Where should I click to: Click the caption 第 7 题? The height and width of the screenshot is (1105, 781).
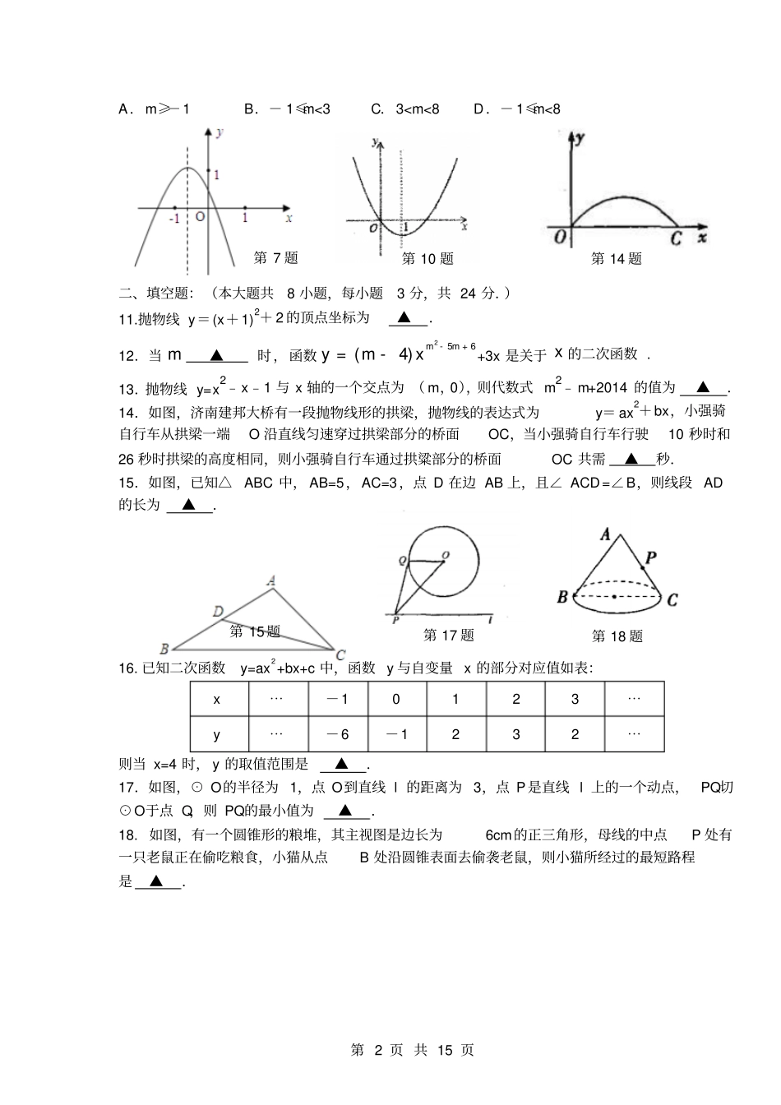pos(275,258)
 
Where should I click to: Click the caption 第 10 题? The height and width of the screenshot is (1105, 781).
pos(427,259)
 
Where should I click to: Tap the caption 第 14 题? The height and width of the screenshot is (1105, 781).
pos(617,259)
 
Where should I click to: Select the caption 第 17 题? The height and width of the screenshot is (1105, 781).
pos(449,636)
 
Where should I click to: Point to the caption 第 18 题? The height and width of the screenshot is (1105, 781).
pos(617,636)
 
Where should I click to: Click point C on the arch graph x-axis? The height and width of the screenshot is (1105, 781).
pos(676,238)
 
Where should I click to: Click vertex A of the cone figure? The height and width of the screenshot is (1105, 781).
pos(606,534)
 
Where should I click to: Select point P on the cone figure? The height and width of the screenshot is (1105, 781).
pos(650,558)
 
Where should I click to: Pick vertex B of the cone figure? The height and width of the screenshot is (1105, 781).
pos(562,597)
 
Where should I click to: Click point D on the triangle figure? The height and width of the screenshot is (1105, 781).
pos(218,611)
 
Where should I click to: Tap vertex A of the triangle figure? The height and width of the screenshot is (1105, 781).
pos(271,581)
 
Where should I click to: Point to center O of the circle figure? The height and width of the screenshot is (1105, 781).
pos(446,556)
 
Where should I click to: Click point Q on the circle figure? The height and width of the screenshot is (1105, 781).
pos(402,561)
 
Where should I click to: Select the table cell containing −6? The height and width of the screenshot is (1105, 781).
pos(337,735)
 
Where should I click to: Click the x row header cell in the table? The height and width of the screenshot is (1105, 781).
pos(218,700)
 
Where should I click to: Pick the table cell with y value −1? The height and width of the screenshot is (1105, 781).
pos(396,735)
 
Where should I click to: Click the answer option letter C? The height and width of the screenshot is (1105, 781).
pos(377,109)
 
